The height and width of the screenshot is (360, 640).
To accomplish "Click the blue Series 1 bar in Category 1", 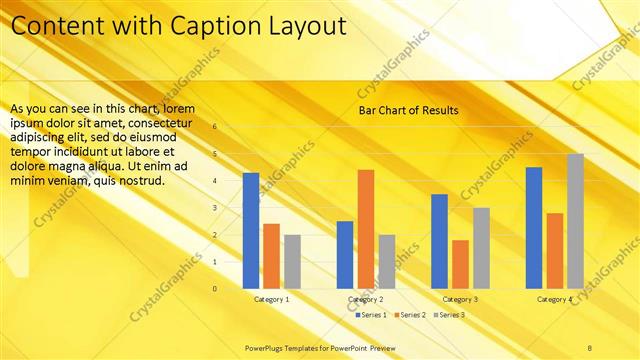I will pyautogui.click(x=251, y=231).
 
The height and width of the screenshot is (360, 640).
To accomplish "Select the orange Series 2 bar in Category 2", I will pyautogui.click(x=366, y=229).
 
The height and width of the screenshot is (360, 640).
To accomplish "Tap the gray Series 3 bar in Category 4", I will pyautogui.click(x=575, y=221).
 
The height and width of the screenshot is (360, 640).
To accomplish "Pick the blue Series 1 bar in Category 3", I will pyautogui.click(x=440, y=241).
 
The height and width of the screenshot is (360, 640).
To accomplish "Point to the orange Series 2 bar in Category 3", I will pyautogui.click(x=460, y=264).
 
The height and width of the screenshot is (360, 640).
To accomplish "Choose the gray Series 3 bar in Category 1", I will pyautogui.click(x=292, y=261).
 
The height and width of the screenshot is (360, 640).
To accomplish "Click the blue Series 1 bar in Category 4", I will pyautogui.click(x=534, y=227).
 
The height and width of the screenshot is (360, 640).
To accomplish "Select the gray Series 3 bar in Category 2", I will pyautogui.click(x=386, y=261).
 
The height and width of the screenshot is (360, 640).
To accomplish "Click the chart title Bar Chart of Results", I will pyautogui.click(x=408, y=110).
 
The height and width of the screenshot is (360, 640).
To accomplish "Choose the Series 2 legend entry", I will pyautogui.click(x=410, y=315).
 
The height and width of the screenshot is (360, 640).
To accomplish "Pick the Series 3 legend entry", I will pyautogui.click(x=450, y=315).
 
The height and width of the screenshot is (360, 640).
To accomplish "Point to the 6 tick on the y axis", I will pyautogui.click(x=213, y=127).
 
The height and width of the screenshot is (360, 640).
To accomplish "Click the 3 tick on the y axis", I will pyautogui.click(x=213, y=208).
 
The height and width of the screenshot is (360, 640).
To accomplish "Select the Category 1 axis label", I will pyautogui.click(x=272, y=299).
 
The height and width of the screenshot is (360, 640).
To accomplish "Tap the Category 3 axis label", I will pyautogui.click(x=460, y=299).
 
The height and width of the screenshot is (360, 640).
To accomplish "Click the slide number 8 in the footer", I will pyautogui.click(x=589, y=347).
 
